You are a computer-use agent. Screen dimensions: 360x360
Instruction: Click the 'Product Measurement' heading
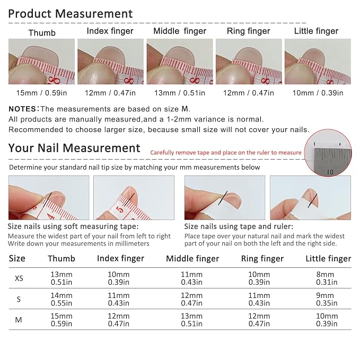71,14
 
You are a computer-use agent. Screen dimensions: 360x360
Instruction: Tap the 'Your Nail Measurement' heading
74,148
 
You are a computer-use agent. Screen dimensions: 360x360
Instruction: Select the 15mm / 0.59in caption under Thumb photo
41,93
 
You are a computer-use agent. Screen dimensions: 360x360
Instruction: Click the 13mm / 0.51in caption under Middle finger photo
180,93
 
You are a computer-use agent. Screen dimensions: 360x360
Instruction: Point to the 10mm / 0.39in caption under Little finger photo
318,93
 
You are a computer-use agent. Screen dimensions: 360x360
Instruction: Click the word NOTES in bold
22,109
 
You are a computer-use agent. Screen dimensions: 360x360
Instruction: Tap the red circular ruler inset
328,153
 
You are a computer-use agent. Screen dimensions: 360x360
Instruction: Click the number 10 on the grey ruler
330,172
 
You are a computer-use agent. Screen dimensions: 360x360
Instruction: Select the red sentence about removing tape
226,153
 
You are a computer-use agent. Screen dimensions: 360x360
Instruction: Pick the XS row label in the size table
19,278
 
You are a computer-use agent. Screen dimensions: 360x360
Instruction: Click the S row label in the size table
19,299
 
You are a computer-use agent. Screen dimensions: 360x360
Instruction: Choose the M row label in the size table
19,320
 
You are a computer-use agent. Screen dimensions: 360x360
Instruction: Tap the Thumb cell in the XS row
62,278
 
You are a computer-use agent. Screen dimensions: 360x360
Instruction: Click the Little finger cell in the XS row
327,278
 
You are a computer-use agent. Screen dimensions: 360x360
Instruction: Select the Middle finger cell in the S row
191,299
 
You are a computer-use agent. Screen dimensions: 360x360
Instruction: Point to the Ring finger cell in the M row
259,320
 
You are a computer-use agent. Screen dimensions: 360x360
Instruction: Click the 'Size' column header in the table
17,259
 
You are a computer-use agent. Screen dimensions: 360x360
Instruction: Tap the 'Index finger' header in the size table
120,259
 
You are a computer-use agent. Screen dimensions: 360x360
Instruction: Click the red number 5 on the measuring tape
120,209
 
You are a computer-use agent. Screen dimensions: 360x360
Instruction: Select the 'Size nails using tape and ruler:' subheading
239,226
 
